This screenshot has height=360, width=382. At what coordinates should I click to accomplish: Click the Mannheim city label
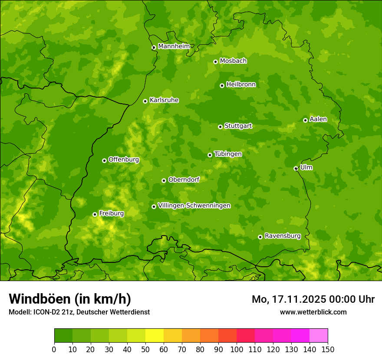pyautogui.click(x=174, y=46)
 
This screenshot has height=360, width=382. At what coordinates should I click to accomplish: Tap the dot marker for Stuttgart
pyautogui.click(x=220, y=127)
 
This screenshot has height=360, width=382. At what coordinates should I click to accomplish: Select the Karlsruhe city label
pyautogui.click(x=164, y=100)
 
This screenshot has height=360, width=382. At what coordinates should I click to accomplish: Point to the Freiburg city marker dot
pyautogui.click(x=95, y=214)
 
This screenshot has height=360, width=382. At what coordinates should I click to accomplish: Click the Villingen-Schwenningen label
pyautogui.click(x=194, y=206)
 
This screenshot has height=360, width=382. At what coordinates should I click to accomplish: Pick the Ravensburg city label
pyautogui.click(x=282, y=236)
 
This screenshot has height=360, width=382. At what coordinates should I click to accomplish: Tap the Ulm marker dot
pyautogui.click(x=296, y=168)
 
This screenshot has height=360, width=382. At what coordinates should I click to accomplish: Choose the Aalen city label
pyautogui.click(x=318, y=119)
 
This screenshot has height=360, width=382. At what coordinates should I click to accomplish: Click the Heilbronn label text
pyautogui.click(x=241, y=85)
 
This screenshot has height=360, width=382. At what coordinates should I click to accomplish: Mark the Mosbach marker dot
pyautogui.click(x=215, y=62)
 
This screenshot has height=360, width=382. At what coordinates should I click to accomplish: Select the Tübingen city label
pyautogui.click(x=228, y=154)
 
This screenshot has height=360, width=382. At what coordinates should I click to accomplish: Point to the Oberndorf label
pyautogui.click(x=184, y=180)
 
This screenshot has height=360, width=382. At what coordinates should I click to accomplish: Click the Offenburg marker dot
pyautogui.click(x=104, y=160)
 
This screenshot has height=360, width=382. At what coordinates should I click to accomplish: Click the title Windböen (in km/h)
pyautogui.click(x=70, y=299)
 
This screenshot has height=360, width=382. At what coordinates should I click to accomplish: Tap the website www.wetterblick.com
pyautogui.click(x=313, y=312)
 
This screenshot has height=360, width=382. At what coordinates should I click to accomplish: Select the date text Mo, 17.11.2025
pyautogui.click(x=294, y=299)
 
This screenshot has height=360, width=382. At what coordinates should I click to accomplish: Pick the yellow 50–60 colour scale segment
pyautogui.click(x=155, y=336)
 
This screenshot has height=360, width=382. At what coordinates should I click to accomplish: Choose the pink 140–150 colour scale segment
pyautogui.click(x=319, y=336)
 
